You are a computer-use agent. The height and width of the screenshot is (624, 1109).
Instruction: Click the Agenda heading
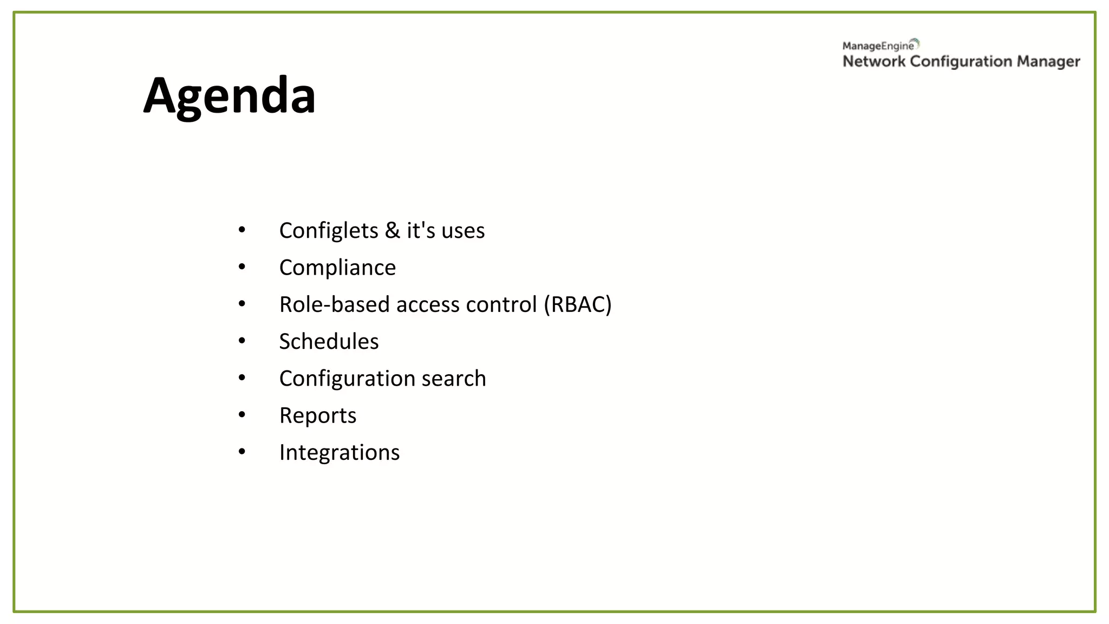(x=229, y=96)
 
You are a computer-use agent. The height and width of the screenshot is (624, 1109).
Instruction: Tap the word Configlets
(x=329, y=231)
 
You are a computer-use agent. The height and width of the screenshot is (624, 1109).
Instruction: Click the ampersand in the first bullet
(x=393, y=231)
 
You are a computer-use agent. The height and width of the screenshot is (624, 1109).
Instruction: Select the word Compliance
(x=337, y=268)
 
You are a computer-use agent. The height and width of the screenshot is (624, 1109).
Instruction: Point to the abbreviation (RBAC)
(x=578, y=304)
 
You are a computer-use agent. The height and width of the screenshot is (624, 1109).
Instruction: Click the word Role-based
(x=334, y=304)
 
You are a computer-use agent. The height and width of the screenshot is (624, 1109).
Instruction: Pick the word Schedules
(x=329, y=342)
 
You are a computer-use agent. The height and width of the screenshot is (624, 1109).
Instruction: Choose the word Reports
(x=318, y=416)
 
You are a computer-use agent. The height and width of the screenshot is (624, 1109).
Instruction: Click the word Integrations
(x=340, y=453)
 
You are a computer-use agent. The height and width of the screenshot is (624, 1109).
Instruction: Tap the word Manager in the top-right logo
(x=1048, y=62)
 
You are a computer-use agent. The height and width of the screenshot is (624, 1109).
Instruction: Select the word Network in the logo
(x=874, y=62)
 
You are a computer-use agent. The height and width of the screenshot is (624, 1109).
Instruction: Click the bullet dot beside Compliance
(x=242, y=266)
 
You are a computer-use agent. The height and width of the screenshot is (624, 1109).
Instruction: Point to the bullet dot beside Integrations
(x=242, y=451)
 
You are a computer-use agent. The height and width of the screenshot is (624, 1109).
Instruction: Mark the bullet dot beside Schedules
(x=242, y=341)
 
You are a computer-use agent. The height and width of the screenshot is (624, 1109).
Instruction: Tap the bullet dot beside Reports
(x=242, y=414)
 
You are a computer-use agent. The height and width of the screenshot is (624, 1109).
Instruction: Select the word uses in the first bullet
(x=463, y=231)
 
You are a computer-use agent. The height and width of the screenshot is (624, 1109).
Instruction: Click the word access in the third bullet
(x=428, y=304)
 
